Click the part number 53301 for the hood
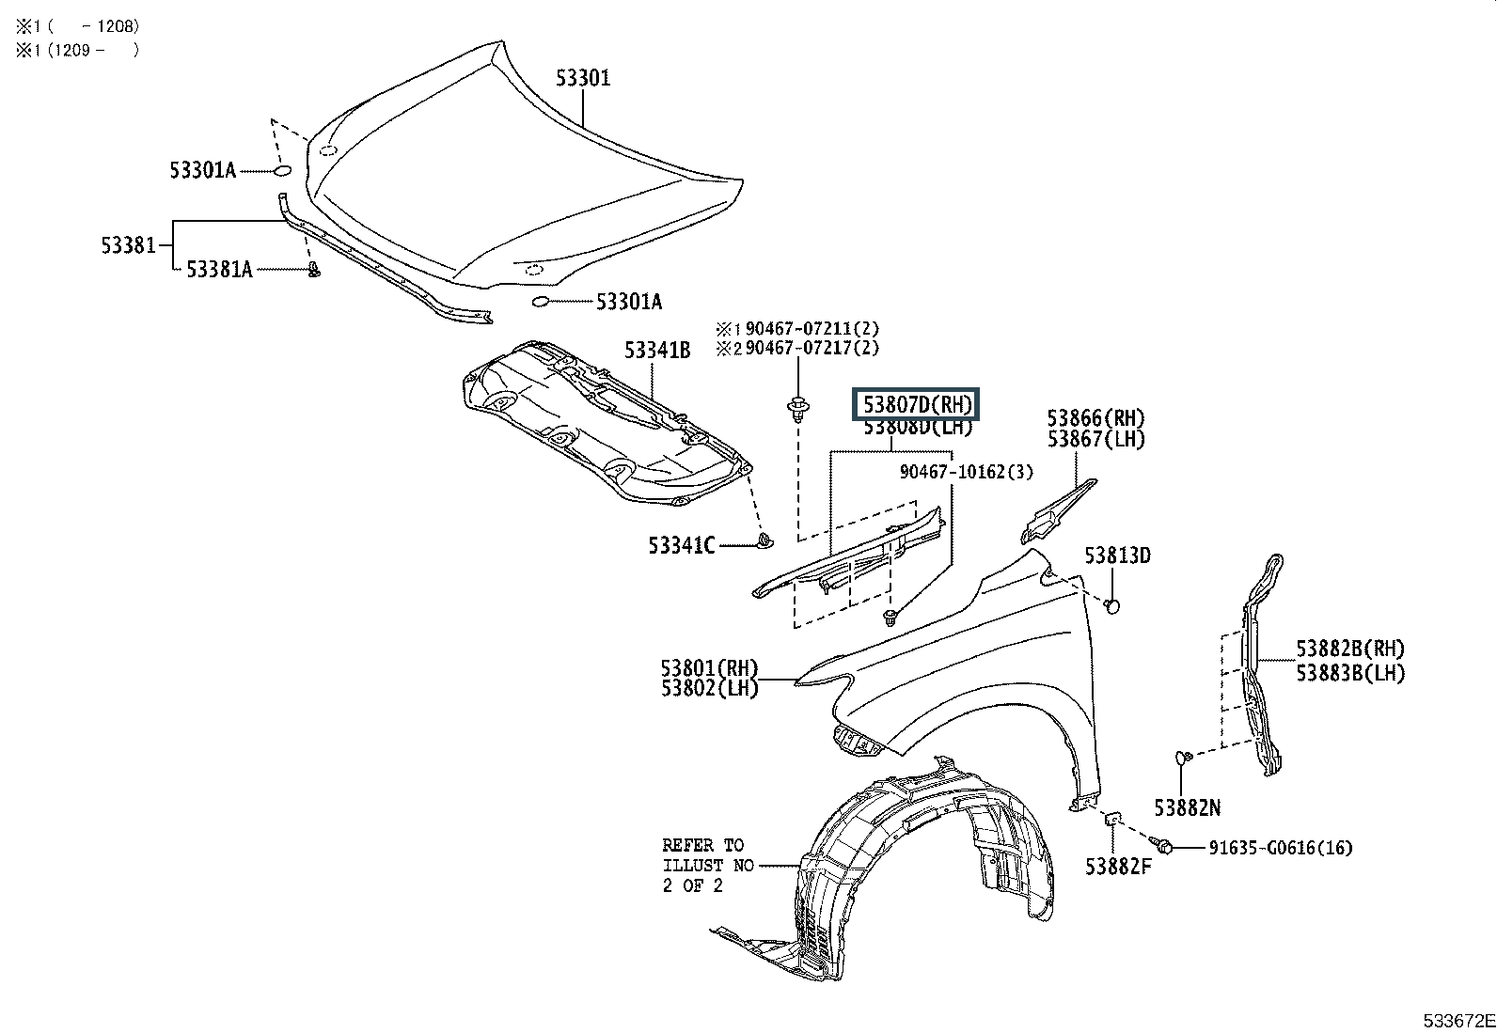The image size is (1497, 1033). [x=582, y=77]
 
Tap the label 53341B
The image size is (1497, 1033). [x=656, y=351]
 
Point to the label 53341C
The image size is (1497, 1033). [x=681, y=545]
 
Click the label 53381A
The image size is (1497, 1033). [x=219, y=270]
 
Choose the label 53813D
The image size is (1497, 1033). [x=1117, y=556]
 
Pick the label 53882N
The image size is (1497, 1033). [x=1187, y=807]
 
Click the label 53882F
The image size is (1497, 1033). [x=1117, y=867]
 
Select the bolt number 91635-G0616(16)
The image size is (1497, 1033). [x=1280, y=848]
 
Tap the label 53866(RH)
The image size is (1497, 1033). [x=1096, y=418]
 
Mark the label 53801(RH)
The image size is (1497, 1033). [x=709, y=668]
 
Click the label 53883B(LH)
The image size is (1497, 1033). [x=1350, y=673]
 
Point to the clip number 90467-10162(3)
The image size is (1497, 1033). [x=966, y=473]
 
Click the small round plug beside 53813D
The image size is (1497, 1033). [x=1111, y=605]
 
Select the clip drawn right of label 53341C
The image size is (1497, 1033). [x=764, y=540]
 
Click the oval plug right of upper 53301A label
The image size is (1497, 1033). [x=282, y=171]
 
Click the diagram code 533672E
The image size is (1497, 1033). [x=1458, y=1021]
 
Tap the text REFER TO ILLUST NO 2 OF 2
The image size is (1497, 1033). [x=707, y=865]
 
